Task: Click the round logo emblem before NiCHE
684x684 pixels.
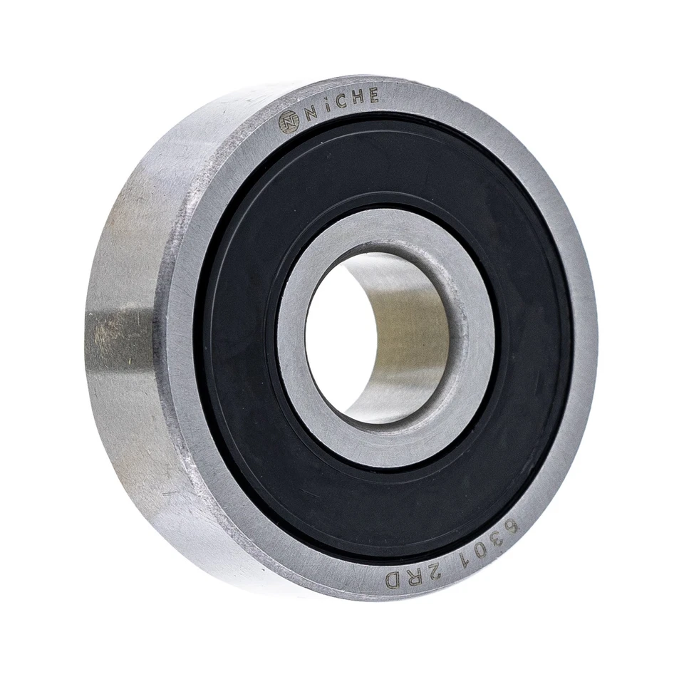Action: pos(289,123)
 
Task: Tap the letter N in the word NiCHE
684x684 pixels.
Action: pos(310,114)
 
